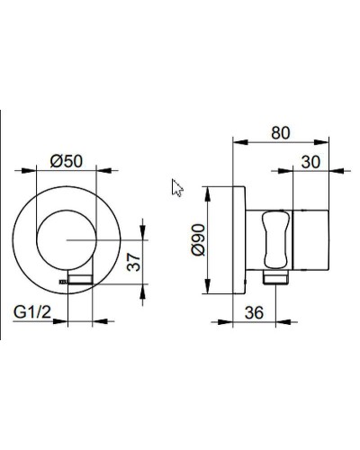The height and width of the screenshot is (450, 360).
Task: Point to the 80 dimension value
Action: (x=282, y=133)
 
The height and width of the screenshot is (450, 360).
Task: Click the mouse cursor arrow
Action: (x=176, y=186)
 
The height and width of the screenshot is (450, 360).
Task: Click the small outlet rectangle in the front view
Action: (x=83, y=279)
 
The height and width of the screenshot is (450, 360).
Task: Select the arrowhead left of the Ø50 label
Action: (x=39, y=169)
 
